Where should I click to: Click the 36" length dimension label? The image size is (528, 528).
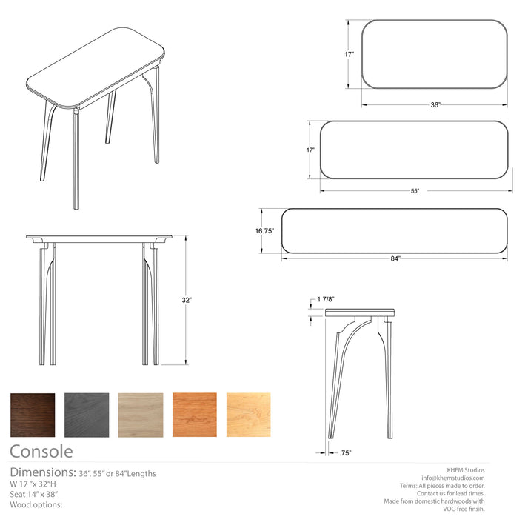435,105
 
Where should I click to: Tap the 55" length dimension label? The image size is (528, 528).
415,191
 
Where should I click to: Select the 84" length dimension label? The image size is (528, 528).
395,258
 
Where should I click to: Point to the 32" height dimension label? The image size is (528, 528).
187,301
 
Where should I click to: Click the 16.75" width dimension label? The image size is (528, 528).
265,231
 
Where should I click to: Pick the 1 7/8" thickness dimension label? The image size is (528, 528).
326,299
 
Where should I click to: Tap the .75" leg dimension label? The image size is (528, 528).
345,452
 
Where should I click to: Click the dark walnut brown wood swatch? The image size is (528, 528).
33,415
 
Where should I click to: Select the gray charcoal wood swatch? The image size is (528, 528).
87,415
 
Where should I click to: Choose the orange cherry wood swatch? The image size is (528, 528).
195,415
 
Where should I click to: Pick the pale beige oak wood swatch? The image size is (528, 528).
141,415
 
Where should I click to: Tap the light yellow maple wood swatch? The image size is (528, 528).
249,415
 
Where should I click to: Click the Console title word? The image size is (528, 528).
41,451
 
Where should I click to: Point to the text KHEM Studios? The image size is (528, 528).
465,469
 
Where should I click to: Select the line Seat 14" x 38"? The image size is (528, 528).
34,494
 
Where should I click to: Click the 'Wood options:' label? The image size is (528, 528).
36,504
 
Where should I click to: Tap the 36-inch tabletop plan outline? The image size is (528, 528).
435,53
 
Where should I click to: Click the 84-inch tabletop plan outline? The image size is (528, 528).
395,231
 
